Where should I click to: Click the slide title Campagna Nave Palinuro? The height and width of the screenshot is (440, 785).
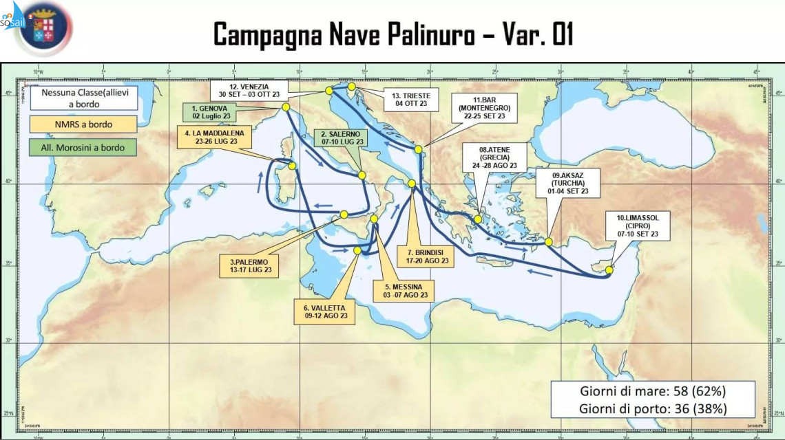pos(392,34)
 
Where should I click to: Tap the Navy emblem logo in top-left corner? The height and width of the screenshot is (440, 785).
pos(43,29)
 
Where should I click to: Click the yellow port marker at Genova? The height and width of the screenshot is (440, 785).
pos(286,107)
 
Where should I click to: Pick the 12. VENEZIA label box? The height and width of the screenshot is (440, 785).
pos(250,91)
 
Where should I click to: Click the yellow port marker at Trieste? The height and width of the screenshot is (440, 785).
pos(352,87)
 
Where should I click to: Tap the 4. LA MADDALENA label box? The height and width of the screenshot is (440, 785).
pos(213,137)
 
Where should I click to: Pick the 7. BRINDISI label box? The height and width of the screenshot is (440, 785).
pos(428,256)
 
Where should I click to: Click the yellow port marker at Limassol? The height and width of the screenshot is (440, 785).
pos(609,270)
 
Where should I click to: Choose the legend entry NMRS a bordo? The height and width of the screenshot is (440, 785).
pos(81,124)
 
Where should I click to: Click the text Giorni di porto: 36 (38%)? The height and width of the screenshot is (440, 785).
pos(651,408)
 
